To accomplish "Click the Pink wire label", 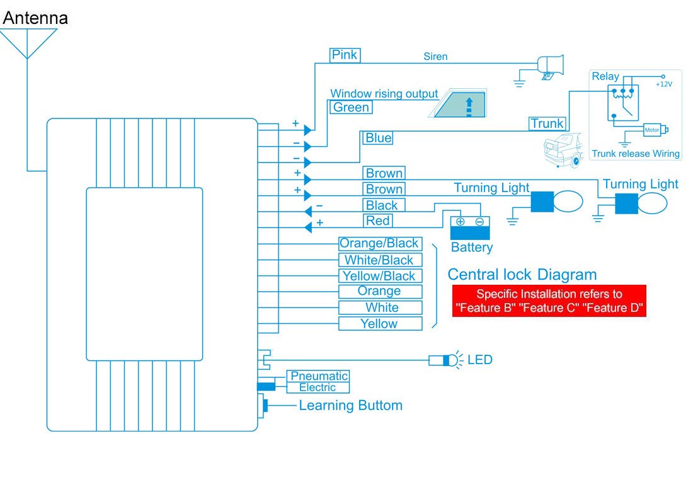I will [345, 55].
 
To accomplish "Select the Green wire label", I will [351, 108].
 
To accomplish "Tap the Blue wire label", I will [378, 138].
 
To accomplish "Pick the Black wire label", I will [382, 205].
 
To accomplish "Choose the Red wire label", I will [378, 220].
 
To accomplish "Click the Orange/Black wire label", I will [379, 243].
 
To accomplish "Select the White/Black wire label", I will [379, 260].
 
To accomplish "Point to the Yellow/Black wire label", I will [379, 276].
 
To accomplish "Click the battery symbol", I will [469, 227].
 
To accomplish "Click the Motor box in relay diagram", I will [652, 130].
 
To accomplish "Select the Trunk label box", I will [547, 123].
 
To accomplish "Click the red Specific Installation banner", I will [549, 301].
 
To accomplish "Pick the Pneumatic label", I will [319, 376].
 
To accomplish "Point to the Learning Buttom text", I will [350, 406].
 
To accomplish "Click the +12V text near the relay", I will [663, 84].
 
